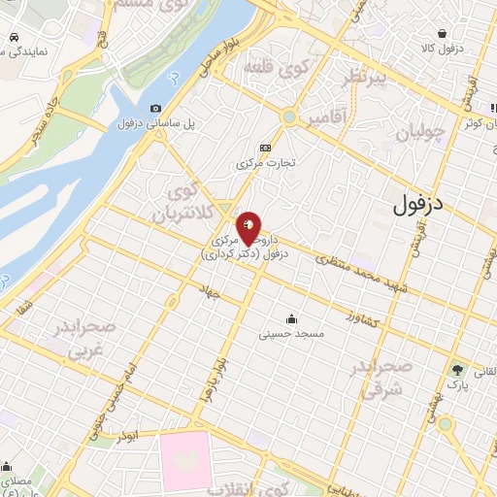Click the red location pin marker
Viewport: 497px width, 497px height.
point(249,227)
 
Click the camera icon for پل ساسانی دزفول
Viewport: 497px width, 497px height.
point(155,109)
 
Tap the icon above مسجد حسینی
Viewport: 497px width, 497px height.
point(291,318)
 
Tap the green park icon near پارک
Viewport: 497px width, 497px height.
point(456,369)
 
